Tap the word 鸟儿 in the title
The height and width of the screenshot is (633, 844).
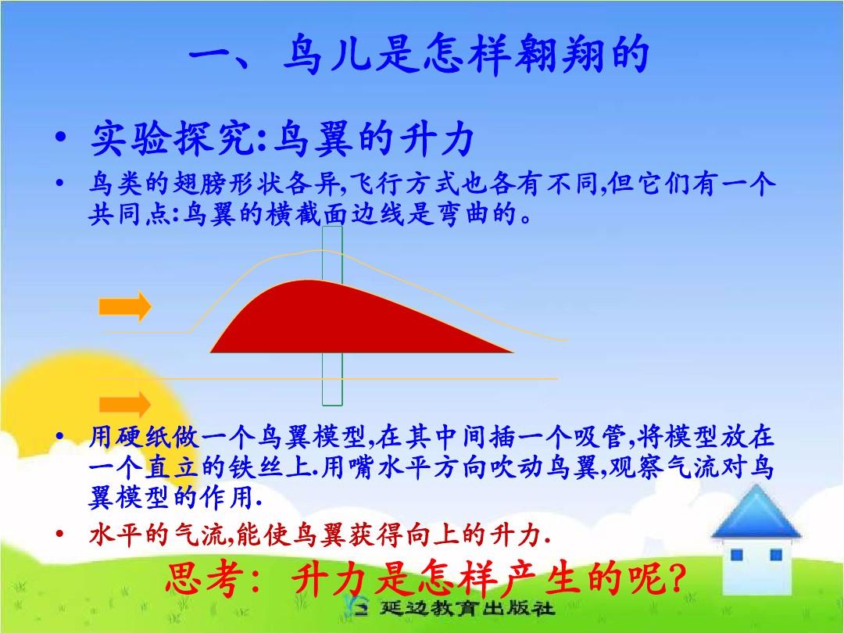point(327,54)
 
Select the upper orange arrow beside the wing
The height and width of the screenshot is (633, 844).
point(125,306)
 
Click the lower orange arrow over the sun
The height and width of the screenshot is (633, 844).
point(125,404)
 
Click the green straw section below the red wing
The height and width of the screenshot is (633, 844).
point(332,379)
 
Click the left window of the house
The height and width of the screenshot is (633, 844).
point(736,555)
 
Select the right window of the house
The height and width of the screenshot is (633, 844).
point(776,555)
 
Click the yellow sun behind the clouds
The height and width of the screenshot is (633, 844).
point(80,399)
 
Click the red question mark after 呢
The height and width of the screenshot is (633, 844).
point(677,578)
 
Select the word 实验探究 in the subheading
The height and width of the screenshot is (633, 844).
point(172,138)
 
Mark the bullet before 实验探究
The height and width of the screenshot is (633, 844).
point(61,137)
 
